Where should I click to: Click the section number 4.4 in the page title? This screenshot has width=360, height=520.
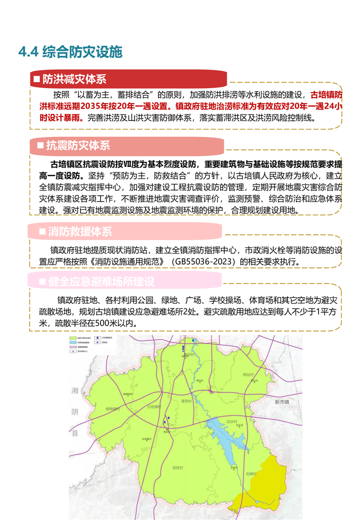tap(28, 51)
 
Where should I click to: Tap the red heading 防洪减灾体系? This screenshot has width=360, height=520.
tap(74, 79)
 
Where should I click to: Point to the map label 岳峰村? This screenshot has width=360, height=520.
tap(251, 474)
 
